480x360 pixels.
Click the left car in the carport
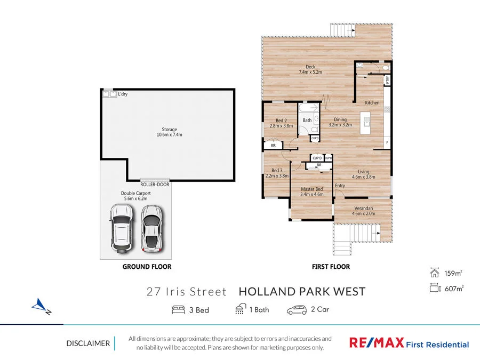coord(122,227)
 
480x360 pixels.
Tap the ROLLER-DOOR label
coord(154,184)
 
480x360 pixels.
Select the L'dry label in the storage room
coord(123,94)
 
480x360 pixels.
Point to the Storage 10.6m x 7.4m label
coord(170,132)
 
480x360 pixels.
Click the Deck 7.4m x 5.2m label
coord(310,69)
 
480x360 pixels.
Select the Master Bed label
coord(311,192)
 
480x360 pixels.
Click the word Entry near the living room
coord(340,186)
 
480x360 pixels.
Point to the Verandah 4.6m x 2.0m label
coord(364,211)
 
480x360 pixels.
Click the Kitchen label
coord(372,102)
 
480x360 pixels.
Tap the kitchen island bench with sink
coord(366,124)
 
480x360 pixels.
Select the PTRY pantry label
coord(387,81)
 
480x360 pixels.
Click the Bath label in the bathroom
coord(307,121)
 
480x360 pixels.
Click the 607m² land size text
coord(453,289)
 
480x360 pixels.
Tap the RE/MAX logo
coord(376,343)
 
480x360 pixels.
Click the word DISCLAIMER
coord(88,343)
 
